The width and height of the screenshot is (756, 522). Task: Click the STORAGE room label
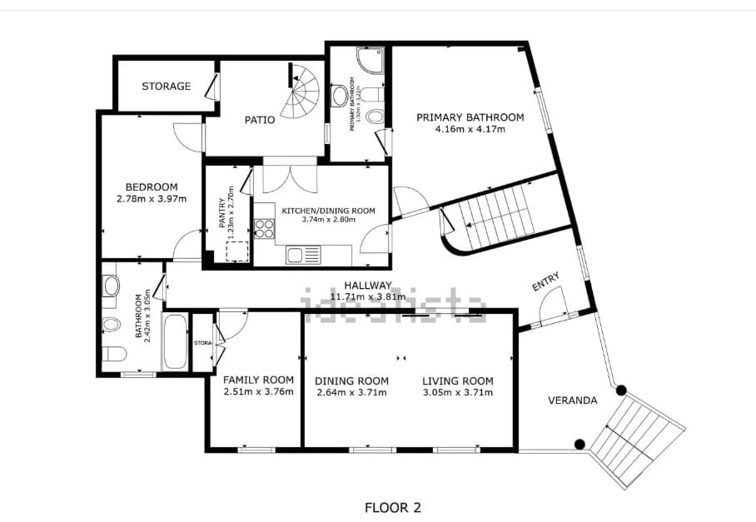click(166, 87)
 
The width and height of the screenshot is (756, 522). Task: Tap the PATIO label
click(260, 120)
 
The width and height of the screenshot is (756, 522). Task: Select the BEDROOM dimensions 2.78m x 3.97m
click(152, 199)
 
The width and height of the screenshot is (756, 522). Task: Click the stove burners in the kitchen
click(266, 228)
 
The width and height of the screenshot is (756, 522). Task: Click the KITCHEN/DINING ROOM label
click(328, 211)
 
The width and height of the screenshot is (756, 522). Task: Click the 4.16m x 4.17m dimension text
click(470, 129)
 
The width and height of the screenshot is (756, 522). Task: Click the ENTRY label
click(545, 283)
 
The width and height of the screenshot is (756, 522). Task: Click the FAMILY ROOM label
click(258, 380)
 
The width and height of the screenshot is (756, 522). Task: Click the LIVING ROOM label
click(457, 380)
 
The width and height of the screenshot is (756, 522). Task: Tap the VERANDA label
click(572, 400)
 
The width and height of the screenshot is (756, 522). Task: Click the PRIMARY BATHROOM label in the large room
click(470, 117)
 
